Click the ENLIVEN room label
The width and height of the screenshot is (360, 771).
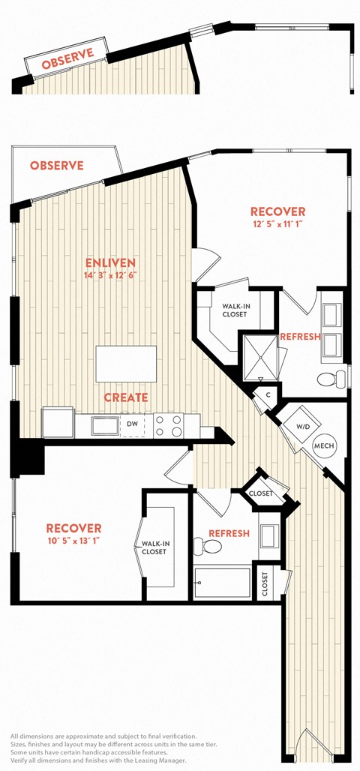click(x=110, y=262)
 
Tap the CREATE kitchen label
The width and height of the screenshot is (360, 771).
click(x=125, y=397)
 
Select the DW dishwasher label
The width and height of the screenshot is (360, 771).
click(x=132, y=424)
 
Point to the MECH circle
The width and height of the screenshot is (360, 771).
click(x=324, y=446)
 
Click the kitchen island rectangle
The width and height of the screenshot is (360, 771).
click(x=126, y=363)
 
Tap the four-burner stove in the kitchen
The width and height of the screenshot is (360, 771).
click(x=168, y=425)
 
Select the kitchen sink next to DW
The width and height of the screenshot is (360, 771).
click(x=105, y=425)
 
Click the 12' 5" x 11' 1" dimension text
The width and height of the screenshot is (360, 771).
click(x=277, y=224)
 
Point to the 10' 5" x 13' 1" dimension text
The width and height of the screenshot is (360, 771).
click(x=73, y=541)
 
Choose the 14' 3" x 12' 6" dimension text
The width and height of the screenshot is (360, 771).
click(x=110, y=275)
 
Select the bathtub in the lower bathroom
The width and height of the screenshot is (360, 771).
click(x=222, y=583)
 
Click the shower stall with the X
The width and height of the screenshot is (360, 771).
click(x=259, y=355)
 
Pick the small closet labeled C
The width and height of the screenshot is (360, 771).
click(x=268, y=394)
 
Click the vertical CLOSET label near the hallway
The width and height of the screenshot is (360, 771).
click(x=265, y=584)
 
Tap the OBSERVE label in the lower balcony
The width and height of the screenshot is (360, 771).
click(x=56, y=166)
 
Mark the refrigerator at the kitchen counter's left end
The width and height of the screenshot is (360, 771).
click(x=58, y=422)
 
